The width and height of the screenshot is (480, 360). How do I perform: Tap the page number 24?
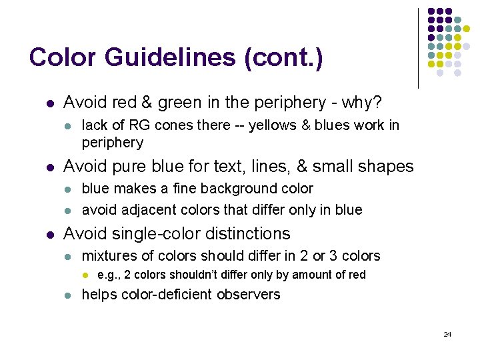coord(447,334)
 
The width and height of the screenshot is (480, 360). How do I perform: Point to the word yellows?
coord(273,125)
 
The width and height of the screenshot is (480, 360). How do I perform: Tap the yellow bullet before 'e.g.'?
coord(85,275)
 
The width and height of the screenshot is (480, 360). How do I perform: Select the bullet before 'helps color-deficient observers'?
coord(67,295)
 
